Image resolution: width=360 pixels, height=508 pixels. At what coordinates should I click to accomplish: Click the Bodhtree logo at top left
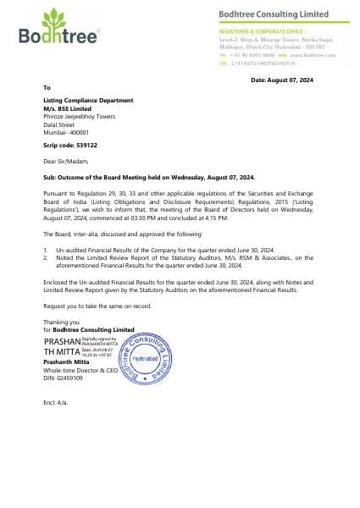[58, 27]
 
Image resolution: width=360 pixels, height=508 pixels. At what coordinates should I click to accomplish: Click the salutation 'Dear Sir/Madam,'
[65, 161]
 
